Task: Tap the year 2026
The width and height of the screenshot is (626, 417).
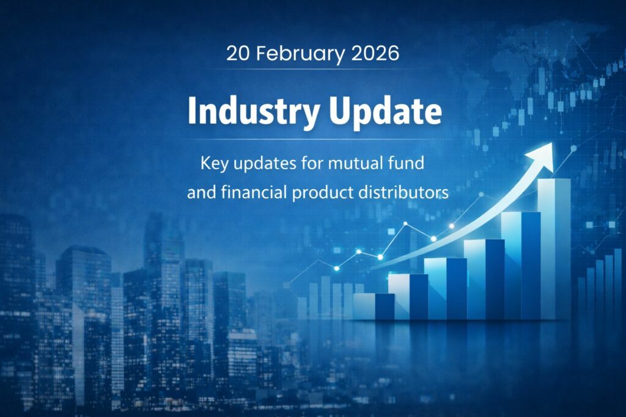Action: [375, 53]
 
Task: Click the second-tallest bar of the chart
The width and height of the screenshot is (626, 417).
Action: [520, 266]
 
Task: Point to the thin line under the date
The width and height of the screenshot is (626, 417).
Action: [313, 69]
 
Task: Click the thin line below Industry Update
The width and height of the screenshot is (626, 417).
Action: [313, 139]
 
